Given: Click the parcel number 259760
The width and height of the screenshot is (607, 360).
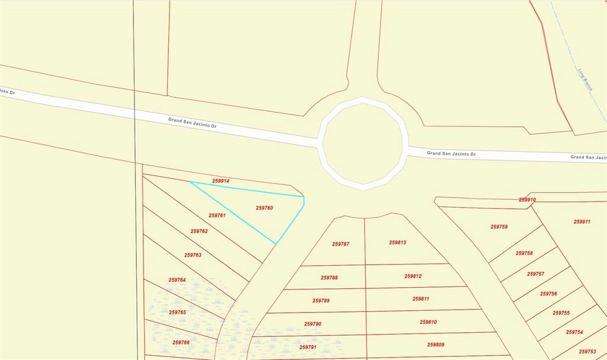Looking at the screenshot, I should (264, 208).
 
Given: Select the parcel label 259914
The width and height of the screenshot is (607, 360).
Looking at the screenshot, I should (221, 181).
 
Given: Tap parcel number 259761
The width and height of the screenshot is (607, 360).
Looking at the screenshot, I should (217, 216).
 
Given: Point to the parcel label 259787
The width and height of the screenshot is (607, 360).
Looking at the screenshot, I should (340, 244).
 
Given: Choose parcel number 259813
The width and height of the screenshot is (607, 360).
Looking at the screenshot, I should (397, 243).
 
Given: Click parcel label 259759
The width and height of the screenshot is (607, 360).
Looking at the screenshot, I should (499, 227).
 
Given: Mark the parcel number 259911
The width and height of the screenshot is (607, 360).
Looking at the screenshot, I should (582, 222).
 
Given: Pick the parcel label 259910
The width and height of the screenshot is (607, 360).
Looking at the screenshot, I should (528, 200).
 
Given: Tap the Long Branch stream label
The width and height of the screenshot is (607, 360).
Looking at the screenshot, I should (585, 78).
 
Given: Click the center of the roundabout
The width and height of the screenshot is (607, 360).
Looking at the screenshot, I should (362, 144).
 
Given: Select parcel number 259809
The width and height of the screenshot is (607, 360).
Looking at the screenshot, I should (436, 345).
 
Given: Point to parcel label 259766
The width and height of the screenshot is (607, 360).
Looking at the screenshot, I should (181, 342).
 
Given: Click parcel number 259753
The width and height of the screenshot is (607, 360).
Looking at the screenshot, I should (587, 352).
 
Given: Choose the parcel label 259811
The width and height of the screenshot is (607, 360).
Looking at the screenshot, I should (421, 299).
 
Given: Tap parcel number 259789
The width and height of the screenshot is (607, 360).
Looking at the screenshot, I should (321, 301).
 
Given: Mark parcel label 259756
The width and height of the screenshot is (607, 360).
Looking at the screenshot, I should (548, 294).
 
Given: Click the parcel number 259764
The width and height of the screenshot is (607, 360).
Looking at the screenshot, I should (177, 280).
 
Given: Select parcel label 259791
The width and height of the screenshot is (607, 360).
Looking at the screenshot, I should (308, 347).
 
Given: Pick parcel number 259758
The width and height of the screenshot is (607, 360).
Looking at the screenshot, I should (524, 253).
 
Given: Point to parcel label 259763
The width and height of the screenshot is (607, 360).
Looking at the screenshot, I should (193, 255).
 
